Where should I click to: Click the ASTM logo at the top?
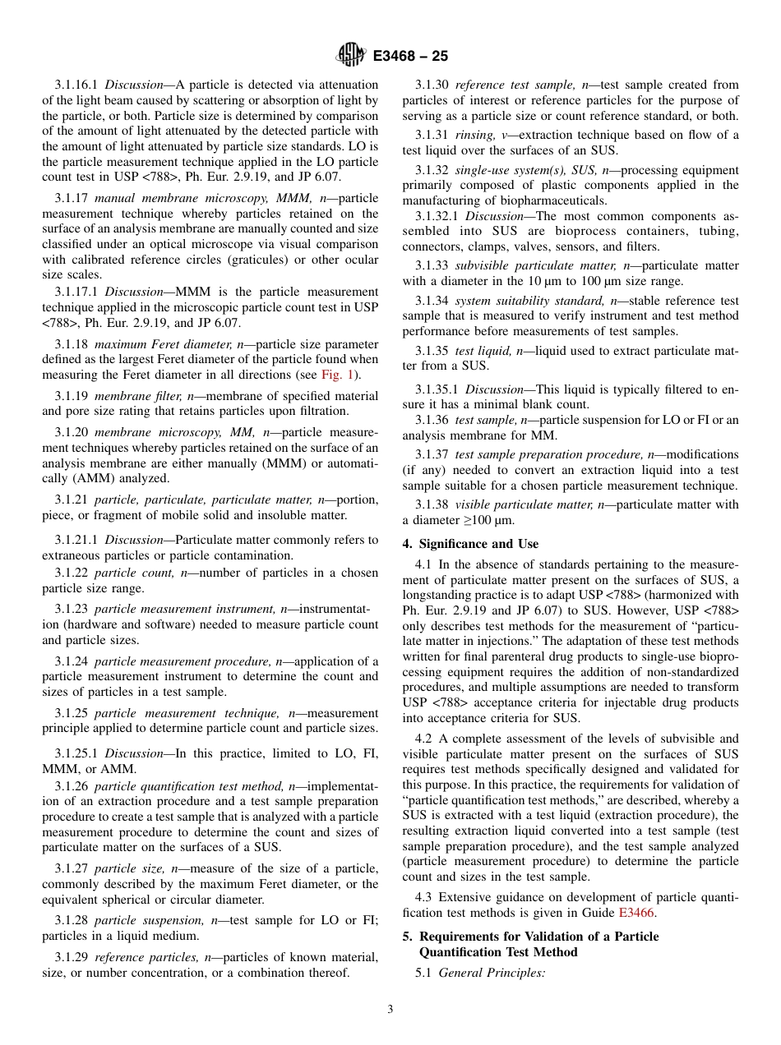[x=351, y=56]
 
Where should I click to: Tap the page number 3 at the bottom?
[x=390, y=1010]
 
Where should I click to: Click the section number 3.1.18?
[x=72, y=343]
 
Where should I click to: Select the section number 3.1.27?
[x=72, y=868]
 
